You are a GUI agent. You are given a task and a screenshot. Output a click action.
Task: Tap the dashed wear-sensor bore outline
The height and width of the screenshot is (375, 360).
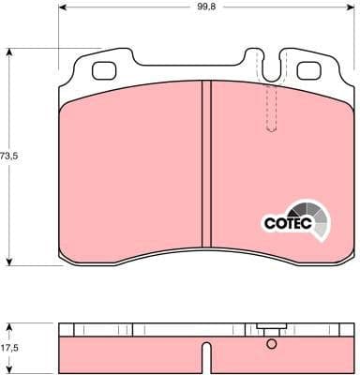pos(273,108)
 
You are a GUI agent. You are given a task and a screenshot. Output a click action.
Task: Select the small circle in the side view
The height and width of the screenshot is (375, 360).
pos(272,345)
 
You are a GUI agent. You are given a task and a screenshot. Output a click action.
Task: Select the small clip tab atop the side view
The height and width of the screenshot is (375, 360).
pos(272,328)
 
